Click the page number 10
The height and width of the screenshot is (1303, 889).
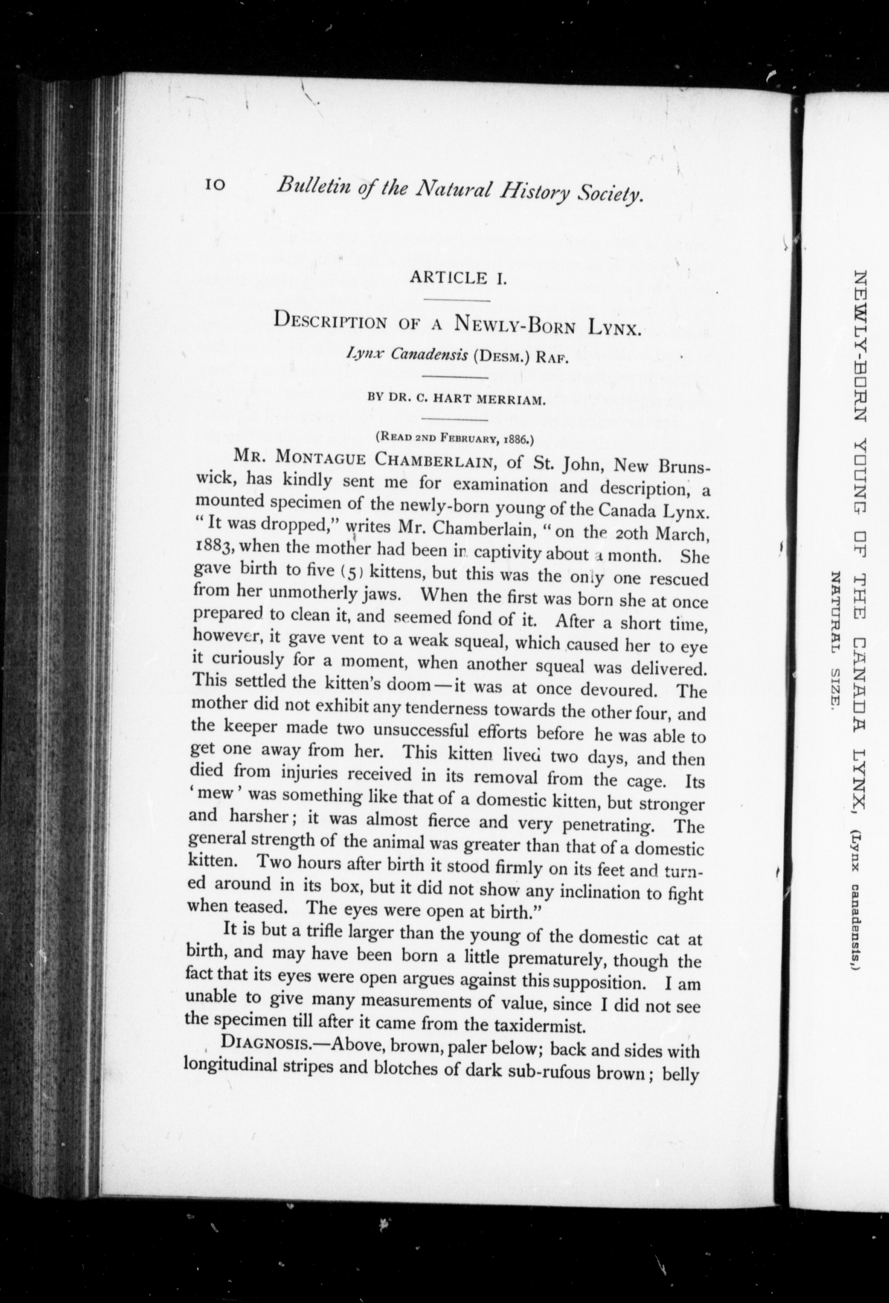(x=215, y=185)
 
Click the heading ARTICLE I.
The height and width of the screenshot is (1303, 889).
(x=458, y=277)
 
